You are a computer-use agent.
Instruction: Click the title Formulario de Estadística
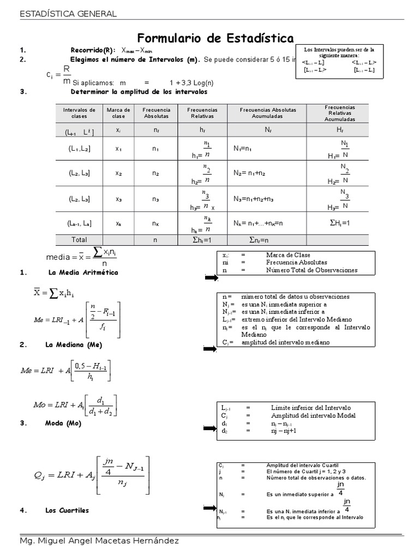tap(215, 38)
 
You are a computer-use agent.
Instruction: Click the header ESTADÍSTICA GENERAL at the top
tap(68, 14)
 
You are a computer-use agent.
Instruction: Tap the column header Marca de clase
tap(118, 113)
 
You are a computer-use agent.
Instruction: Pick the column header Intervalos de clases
tap(79, 113)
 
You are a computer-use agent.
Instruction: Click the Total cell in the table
tap(79, 239)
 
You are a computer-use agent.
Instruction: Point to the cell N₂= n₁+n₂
tap(249, 173)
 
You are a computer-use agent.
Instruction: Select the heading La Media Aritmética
tap(83, 272)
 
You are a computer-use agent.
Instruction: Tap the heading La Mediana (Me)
tap(75, 345)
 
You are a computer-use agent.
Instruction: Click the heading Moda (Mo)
tap(63, 423)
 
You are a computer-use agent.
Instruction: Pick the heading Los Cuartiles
tap(67, 510)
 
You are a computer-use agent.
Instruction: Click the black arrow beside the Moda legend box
tap(210, 427)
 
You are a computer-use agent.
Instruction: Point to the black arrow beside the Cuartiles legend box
tap(210, 508)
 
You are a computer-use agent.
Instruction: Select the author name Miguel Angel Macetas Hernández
tap(98, 540)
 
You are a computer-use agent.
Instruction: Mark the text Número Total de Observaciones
tap(312, 270)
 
